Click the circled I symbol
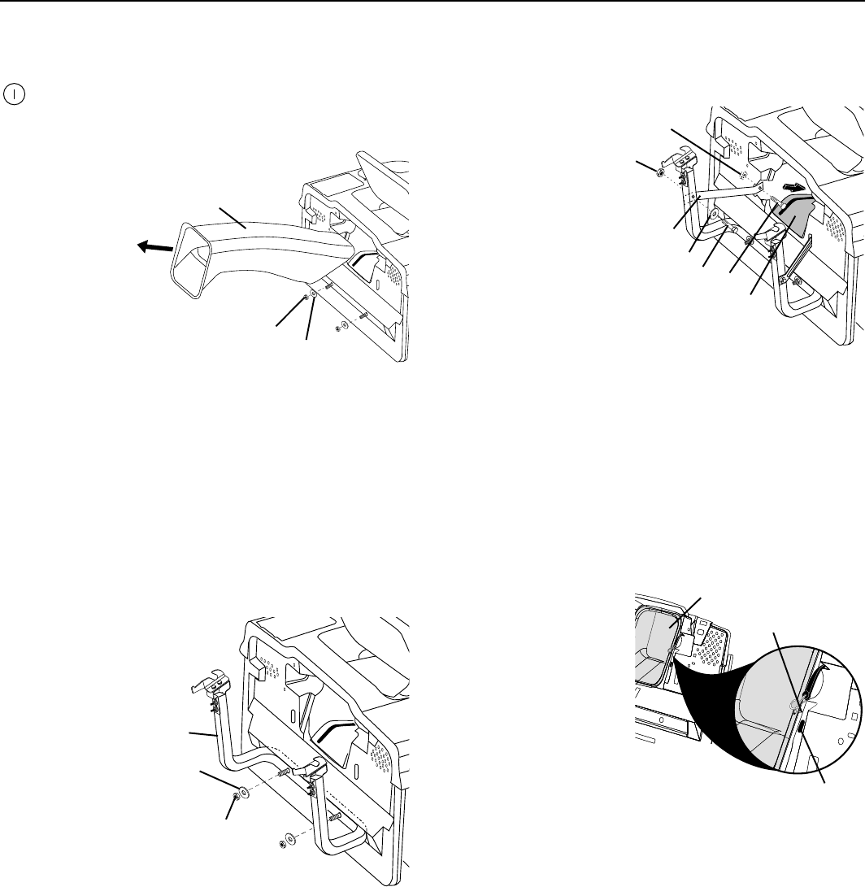[x=15, y=93]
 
